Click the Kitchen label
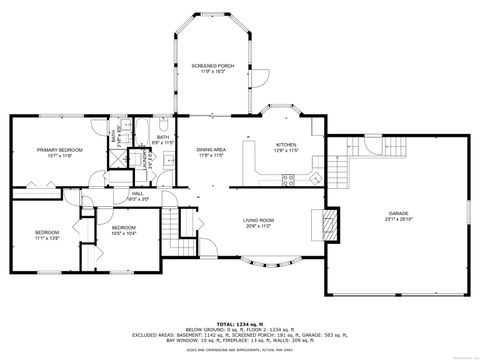pos(288,145)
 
